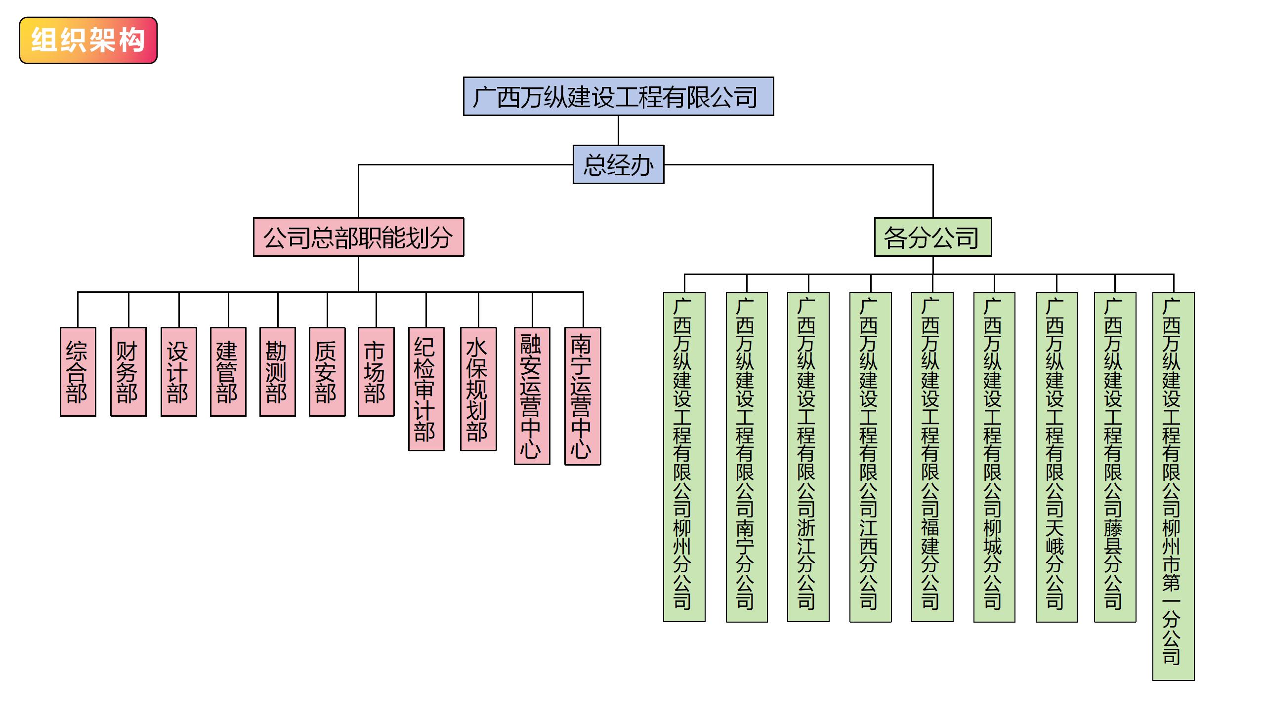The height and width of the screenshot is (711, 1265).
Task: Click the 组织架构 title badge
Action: pyautogui.click(x=88, y=40)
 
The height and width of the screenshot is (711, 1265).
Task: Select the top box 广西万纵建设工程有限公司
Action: pyautogui.click(x=618, y=96)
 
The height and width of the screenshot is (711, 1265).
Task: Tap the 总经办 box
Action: pyautogui.click(x=618, y=164)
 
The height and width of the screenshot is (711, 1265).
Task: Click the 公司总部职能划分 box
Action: pyautogui.click(x=358, y=237)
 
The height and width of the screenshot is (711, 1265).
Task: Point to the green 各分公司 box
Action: pyautogui.click(x=932, y=237)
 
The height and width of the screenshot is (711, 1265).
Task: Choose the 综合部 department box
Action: pyautogui.click(x=78, y=372)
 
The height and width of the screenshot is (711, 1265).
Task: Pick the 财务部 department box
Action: pyautogui.click(x=128, y=372)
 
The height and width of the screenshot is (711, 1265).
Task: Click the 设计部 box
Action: pyautogui.click(x=178, y=372)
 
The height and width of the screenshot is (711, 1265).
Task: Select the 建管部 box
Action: pyautogui.click(x=228, y=372)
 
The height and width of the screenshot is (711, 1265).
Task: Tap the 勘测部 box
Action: pyautogui.click(x=277, y=372)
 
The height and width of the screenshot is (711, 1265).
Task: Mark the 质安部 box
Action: pyautogui.click(x=327, y=372)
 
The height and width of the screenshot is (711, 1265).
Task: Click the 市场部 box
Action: pyautogui.click(x=376, y=372)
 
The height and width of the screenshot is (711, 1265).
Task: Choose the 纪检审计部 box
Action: pyautogui.click(x=426, y=389)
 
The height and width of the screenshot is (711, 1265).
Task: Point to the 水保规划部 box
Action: pyautogui.click(x=478, y=389)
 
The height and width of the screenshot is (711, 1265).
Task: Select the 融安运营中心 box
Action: pyautogui.click(x=532, y=396)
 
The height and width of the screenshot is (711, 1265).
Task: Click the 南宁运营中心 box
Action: pyautogui.click(x=583, y=396)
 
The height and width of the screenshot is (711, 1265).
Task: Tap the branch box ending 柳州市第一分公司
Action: pyautogui.click(x=1173, y=486)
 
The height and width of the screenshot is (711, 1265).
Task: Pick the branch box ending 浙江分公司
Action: pyautogui.click(x=808, y=457)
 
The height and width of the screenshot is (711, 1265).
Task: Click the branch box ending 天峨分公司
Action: pyautogui.click(x=1056, y=457)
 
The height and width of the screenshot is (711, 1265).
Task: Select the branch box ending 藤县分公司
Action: pyautogui.click(x=1115, y=457)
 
